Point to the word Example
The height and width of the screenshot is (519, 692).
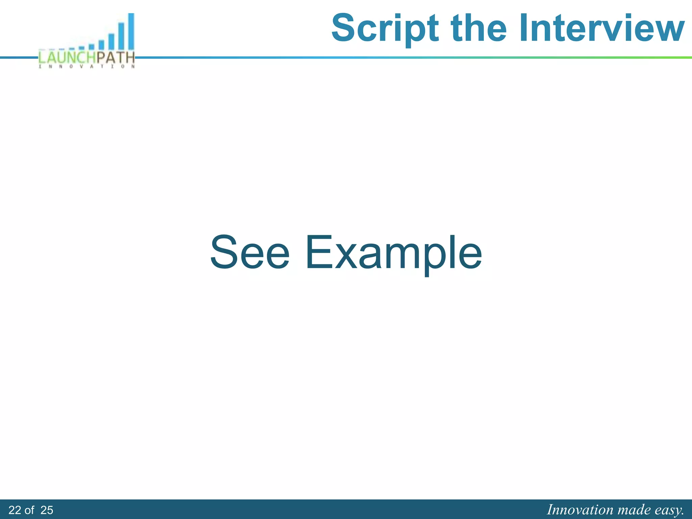tap(394, 253)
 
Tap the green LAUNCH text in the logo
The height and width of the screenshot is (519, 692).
tap(67, 57)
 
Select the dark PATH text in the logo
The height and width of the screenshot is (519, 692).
tap(116, 57)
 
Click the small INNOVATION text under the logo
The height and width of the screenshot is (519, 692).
tap(87, 67)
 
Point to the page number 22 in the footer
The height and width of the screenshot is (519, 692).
tap(15, 510)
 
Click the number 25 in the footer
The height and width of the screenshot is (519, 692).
tap(47, 510)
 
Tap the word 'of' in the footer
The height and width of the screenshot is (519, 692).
tap(29, 510)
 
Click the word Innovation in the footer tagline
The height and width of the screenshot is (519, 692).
tap(580, 510)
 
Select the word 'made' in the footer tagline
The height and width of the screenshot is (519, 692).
tap(634, 510)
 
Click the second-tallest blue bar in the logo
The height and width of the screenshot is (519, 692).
tap(121, 36)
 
